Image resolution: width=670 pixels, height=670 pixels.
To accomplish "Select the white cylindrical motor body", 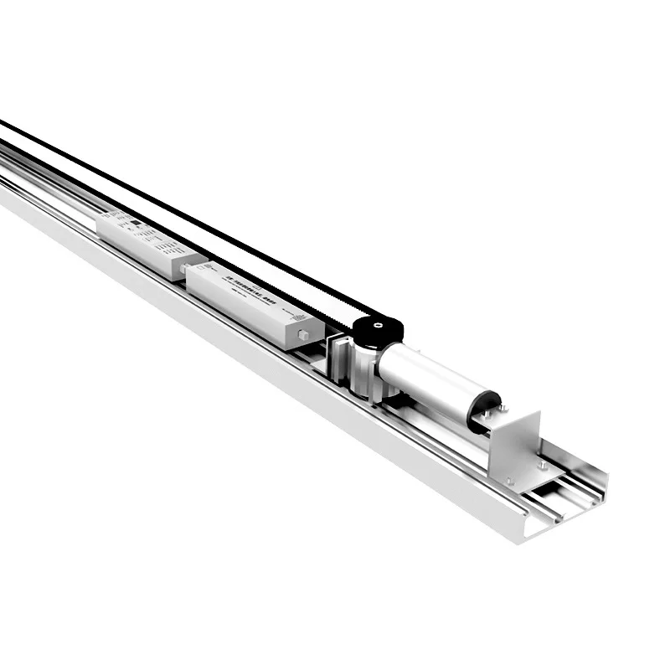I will coord(427,381).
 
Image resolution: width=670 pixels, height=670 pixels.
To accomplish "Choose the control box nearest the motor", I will coord(251,301).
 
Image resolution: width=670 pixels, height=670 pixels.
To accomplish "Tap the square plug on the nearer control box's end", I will coord(303,336).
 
